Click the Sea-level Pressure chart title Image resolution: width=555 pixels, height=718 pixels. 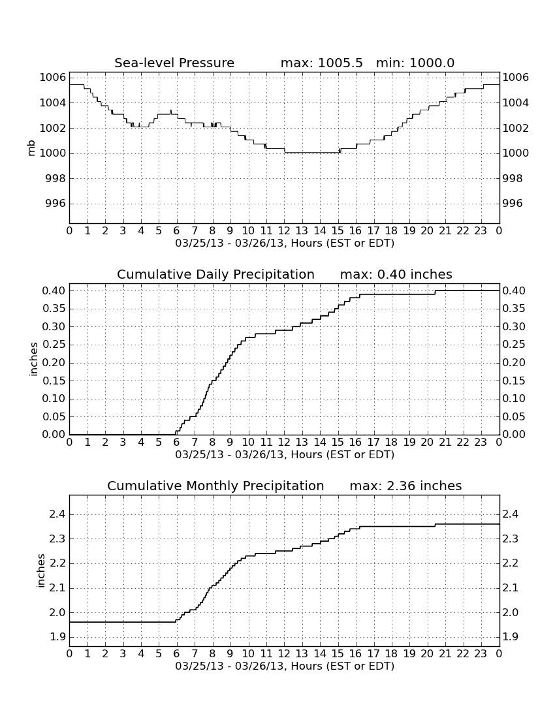click(x=174, y=63)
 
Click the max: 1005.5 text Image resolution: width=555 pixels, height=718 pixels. click(x=321, y=63)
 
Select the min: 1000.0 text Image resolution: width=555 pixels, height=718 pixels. click(x=415, y=63)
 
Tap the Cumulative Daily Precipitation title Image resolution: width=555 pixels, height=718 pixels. click(x=215, y=274)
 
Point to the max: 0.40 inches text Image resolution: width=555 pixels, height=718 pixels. click(x=396, y=274)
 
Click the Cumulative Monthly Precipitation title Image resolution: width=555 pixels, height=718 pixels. click(x=215, y=486)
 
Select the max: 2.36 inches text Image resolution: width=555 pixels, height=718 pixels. click(x=405, y=486)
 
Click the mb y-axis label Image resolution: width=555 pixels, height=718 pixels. click(x=31, y=148)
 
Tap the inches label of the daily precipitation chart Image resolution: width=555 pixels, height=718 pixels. click(x=33, y=360)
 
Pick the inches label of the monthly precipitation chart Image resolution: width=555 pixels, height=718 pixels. click(x=40, y=571)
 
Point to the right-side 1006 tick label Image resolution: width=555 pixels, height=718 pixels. click(x=516, y=78)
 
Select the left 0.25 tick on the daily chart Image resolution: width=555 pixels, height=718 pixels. click(x=54, y=345)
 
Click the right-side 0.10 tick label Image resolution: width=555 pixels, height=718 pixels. click(x=513, y=399)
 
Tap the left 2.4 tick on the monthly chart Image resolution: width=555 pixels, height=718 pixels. click(x=57, y=514)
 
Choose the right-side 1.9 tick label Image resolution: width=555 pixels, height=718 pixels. click(x=510, y=637)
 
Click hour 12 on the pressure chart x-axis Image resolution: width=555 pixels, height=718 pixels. click(x=284, y=231)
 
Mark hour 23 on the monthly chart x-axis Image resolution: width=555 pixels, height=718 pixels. click(x=481, y=653)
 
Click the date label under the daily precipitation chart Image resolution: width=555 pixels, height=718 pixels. click(x=285, y=455)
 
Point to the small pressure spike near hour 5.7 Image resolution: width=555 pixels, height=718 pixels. click(x=171, y=112)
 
